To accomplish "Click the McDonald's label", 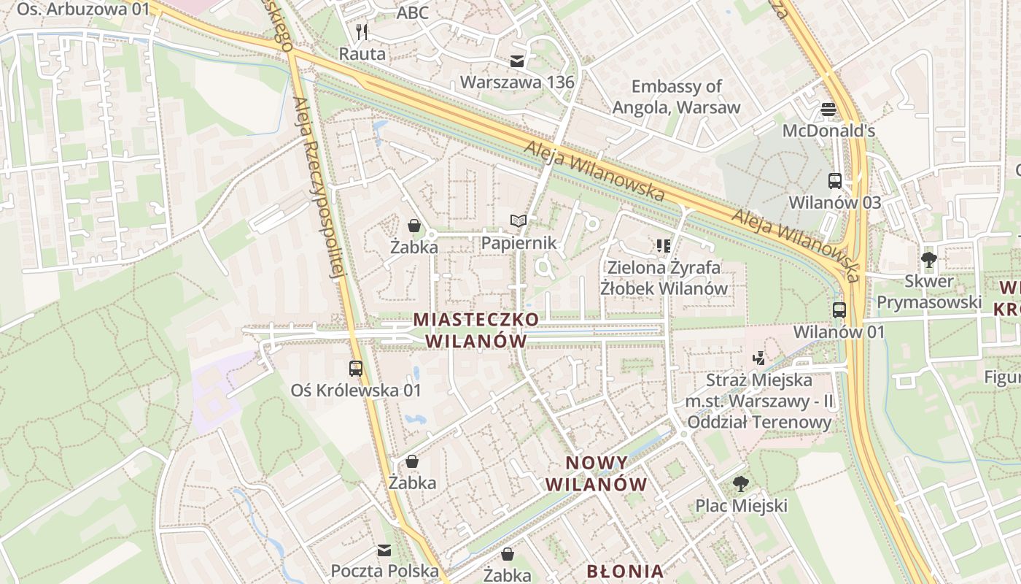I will pyautogui.click(x=828, y=131).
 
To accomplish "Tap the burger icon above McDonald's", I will pyautogui.click(x=828, y=109).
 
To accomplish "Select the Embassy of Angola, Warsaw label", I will pyautogui.click(x=676, y=97).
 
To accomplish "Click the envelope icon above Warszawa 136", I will pyautogui.click(x=517, y=61).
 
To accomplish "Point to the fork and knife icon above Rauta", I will pyautogui.click(x=362, y=32).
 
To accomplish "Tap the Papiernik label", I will pyautogui.click(x=519, y=243).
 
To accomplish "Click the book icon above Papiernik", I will pyautogui.click(x=518, y=220).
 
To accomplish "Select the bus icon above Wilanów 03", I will pyautogui.click(x=835, y=181).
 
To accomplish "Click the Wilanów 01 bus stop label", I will pyautogui.click(x=839, y=332).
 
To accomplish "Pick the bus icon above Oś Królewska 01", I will pyautogui.click(x=356, y=369).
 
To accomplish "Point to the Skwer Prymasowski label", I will pyautogui.click(x=929, y=292).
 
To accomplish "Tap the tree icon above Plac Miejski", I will pyautogui.click(x=741, y=483).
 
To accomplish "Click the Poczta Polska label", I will pyautogui.click(x=385, y=571).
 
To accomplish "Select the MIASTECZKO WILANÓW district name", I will pyautogui.click(x=476, y=330).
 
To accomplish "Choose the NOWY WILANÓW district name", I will pyautogui.click(x=597, y=473).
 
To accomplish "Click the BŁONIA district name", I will pyautogui.click(x=625, y=571).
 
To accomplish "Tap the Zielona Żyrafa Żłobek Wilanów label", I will pyautogui.click(x=664, y=277).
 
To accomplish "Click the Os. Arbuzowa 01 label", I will pyautogui.click(x=82, y=9).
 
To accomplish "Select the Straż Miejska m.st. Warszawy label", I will pyautogui.click(x=759, y=401).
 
